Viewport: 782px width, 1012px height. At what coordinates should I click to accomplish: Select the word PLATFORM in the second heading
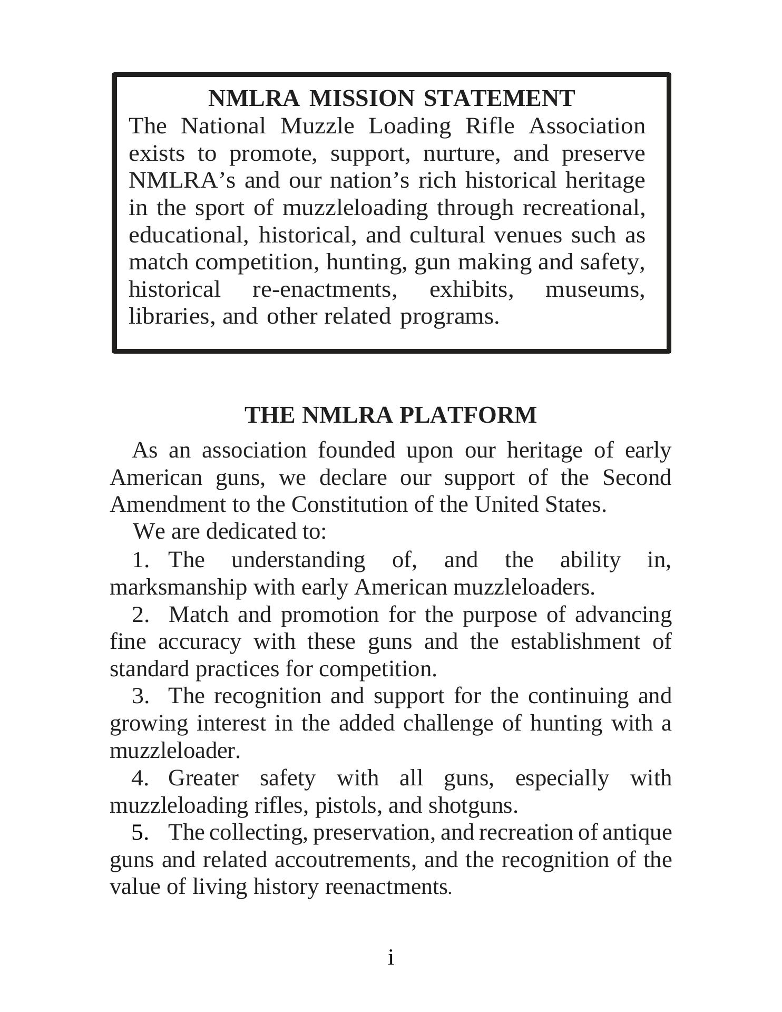(468, 415)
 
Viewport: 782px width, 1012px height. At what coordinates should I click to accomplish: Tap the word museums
(595, 290)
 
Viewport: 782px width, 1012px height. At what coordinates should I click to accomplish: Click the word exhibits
(471, 290)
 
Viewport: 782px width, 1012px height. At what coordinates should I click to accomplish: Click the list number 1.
(141, 560)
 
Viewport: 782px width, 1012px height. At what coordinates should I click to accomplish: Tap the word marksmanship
(178, 587)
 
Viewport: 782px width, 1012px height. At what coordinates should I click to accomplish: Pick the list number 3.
(141, 696)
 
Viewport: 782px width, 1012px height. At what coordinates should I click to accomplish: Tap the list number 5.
(141, 833)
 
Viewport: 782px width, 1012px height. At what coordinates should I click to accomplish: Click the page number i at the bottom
(390, 958)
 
